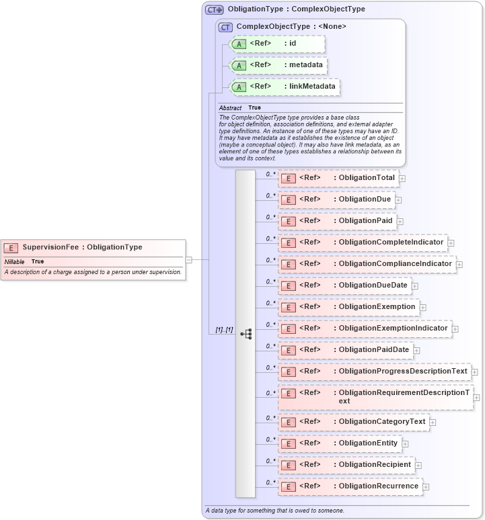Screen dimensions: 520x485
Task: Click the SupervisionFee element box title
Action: pos(82,247)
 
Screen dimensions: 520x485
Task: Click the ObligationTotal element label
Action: pos(367,178)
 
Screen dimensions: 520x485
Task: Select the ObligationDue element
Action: pos(365,200)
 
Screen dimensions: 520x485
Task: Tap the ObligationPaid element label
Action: pos(365,221)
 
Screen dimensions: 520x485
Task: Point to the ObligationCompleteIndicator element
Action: pos(391,243)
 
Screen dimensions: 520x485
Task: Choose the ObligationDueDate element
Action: pos(373,286)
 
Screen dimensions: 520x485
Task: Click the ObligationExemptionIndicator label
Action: pos(393,329)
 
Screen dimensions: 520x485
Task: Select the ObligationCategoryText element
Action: pos(382,422)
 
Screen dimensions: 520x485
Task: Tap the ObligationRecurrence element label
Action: pos(378,486)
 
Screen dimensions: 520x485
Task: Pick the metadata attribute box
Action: pos(278,65)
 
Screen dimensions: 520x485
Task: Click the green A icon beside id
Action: pos(238,44)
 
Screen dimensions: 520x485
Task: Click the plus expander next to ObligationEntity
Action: pos(406,444)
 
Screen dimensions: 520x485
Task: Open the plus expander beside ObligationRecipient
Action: pos(418,466)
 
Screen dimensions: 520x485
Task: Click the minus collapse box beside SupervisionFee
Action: pos(189,259)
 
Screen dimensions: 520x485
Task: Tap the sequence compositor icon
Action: pos(246,333)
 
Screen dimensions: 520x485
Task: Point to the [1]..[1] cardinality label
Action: pos(224,330)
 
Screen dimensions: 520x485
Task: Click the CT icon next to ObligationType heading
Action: pos(215,9)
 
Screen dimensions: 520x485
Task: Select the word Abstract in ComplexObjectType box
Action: pos(230,107)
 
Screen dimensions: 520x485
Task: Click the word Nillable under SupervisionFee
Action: pos(14,261)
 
